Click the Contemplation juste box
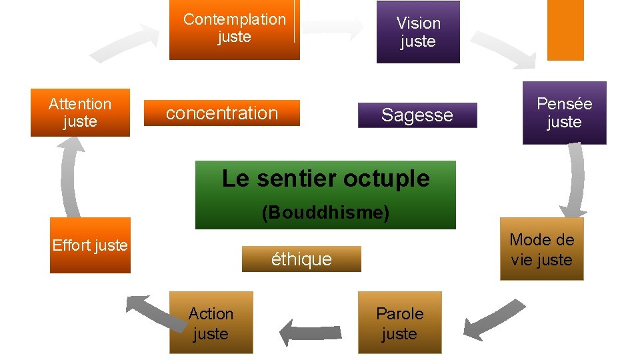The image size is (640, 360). pos(234,29)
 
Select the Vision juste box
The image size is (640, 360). pos(418,32)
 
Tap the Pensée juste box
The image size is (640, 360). pos(564,113)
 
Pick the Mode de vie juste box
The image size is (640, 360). pos(541,249)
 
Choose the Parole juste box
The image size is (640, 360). pos(399,323)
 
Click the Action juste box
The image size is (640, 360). pos(211,323)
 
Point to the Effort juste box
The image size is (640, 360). pos(90,245)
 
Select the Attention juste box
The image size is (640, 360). pos(80,113)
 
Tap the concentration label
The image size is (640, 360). pos(222,113)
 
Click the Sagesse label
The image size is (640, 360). pos(417,115)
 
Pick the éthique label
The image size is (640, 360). pos(301,259)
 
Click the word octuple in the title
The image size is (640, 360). pos(393,179)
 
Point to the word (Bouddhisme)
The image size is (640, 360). pos(325,213)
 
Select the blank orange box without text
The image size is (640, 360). pos(565,29)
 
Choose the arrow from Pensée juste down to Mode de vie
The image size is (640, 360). pos(573,180)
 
